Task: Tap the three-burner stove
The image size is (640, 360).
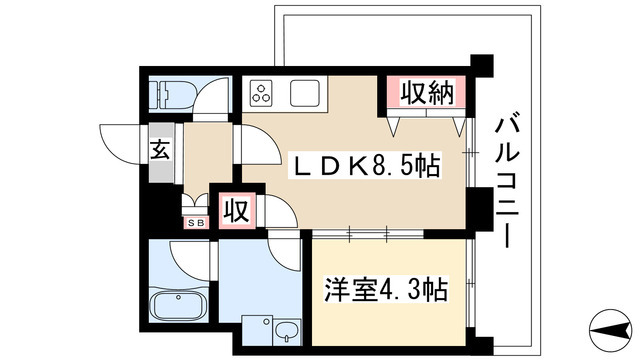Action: coord(263,94)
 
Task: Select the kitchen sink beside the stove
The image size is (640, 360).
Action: coord(305,94)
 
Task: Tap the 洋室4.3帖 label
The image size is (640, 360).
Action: coord(385,291)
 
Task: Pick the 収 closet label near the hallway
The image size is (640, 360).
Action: coord(236,211)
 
